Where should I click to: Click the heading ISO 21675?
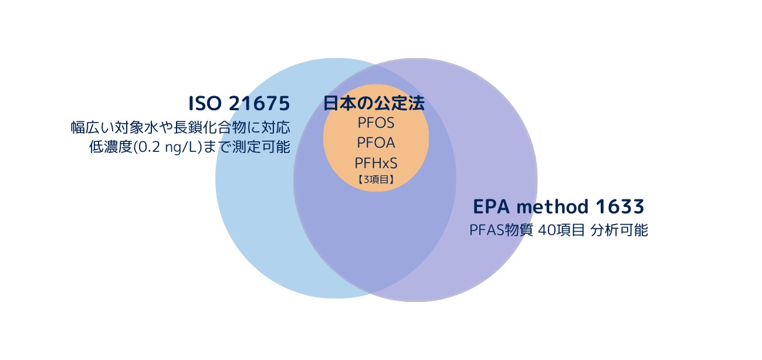[x=239, y=104]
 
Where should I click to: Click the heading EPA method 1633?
[x=558, y=207]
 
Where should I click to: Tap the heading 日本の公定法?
[x=374, y=104]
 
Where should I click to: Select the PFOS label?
[x=375, y=124]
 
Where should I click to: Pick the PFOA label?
[x=375, y=142]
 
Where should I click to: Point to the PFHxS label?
[x=375, y=162]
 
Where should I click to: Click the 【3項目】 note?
[x=375, y=181]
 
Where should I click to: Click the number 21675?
[x=259, y=104]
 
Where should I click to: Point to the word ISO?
[x=203, y=104]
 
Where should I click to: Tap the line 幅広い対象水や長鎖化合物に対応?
[x=180, y=128]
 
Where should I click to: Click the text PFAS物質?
[x=501, y=230]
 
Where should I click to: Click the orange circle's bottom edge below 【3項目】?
[x=375, y=191]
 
